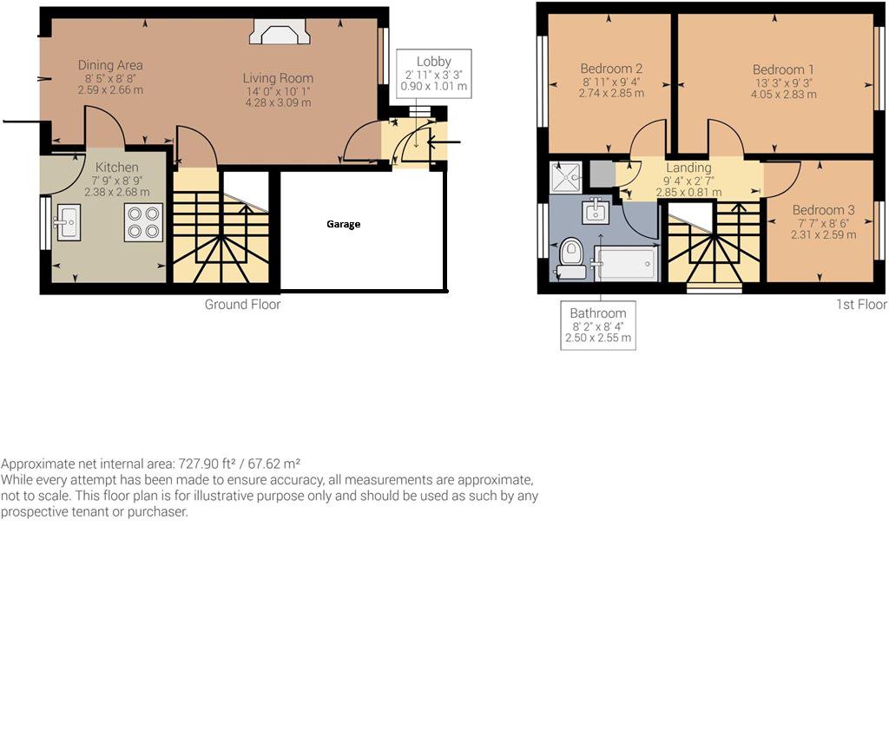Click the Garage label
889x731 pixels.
[343, 224]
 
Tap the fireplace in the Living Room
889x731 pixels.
[280, 32]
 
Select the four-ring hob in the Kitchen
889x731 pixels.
[143, 222]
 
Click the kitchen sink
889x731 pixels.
[68, 222]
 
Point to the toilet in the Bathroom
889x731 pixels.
[571, 259]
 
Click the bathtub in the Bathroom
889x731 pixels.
[625, 264]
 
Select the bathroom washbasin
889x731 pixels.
[596, 212]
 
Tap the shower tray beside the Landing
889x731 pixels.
[566, 177]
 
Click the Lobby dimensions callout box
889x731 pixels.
[434, 74]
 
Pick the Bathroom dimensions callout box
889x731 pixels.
[598, 326]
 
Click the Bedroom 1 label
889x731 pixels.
[783, 69]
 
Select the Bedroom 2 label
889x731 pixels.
[611, 69]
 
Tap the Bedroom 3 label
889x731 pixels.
[823, 210]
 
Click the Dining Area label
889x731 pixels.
[110, 65]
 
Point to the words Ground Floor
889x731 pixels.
[243, 305]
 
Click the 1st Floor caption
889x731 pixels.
[861, 305]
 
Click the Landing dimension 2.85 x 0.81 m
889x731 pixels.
[688, 192]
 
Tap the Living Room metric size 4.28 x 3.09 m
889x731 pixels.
[278, 102]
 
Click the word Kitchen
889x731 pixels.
[117, 168]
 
